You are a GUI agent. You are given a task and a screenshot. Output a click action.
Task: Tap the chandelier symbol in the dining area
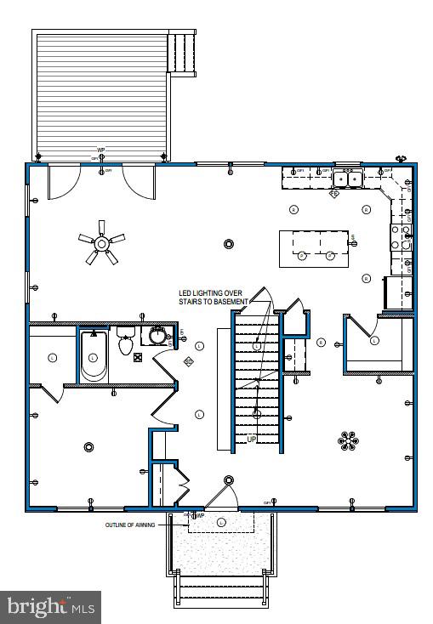pyautogui.click(x=347, y=440)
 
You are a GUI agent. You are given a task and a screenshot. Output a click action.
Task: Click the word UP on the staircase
pyautogui.click(x=252, y=438)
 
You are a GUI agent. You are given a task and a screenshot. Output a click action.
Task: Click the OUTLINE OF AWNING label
pyautogui.click(x=130, y=525)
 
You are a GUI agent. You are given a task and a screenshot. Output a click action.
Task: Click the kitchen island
pyautogui.click(x=314, y=247)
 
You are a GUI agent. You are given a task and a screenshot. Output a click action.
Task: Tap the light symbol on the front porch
pyautogui.click(x=222, y=521)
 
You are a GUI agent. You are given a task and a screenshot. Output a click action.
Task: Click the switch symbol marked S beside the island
pyautogui.click(x=352, y=236)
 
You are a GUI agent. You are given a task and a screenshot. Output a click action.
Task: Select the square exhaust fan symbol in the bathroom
pyautogui.click(x=189, y=361)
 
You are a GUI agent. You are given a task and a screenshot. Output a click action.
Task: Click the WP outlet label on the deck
pyautogui.click(x=101, y=150)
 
